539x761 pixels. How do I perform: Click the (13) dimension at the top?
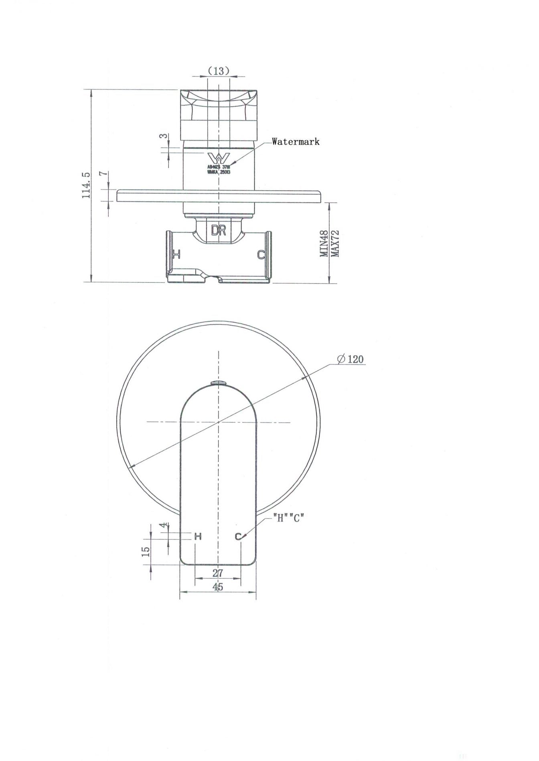click(219, 71)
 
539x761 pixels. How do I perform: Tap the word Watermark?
click(296, 141)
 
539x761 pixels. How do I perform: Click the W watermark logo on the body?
click(219, 157)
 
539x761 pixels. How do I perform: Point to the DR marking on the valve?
click(219, 230)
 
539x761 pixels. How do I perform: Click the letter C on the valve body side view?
click(261, 254)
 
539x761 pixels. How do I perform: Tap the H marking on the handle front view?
click(198, 536)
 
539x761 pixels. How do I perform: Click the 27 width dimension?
click(217, 573)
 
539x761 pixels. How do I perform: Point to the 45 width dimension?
click(218, 587)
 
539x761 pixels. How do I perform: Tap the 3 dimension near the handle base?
click(163, 136)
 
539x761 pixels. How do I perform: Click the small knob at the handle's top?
click(219, 383)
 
